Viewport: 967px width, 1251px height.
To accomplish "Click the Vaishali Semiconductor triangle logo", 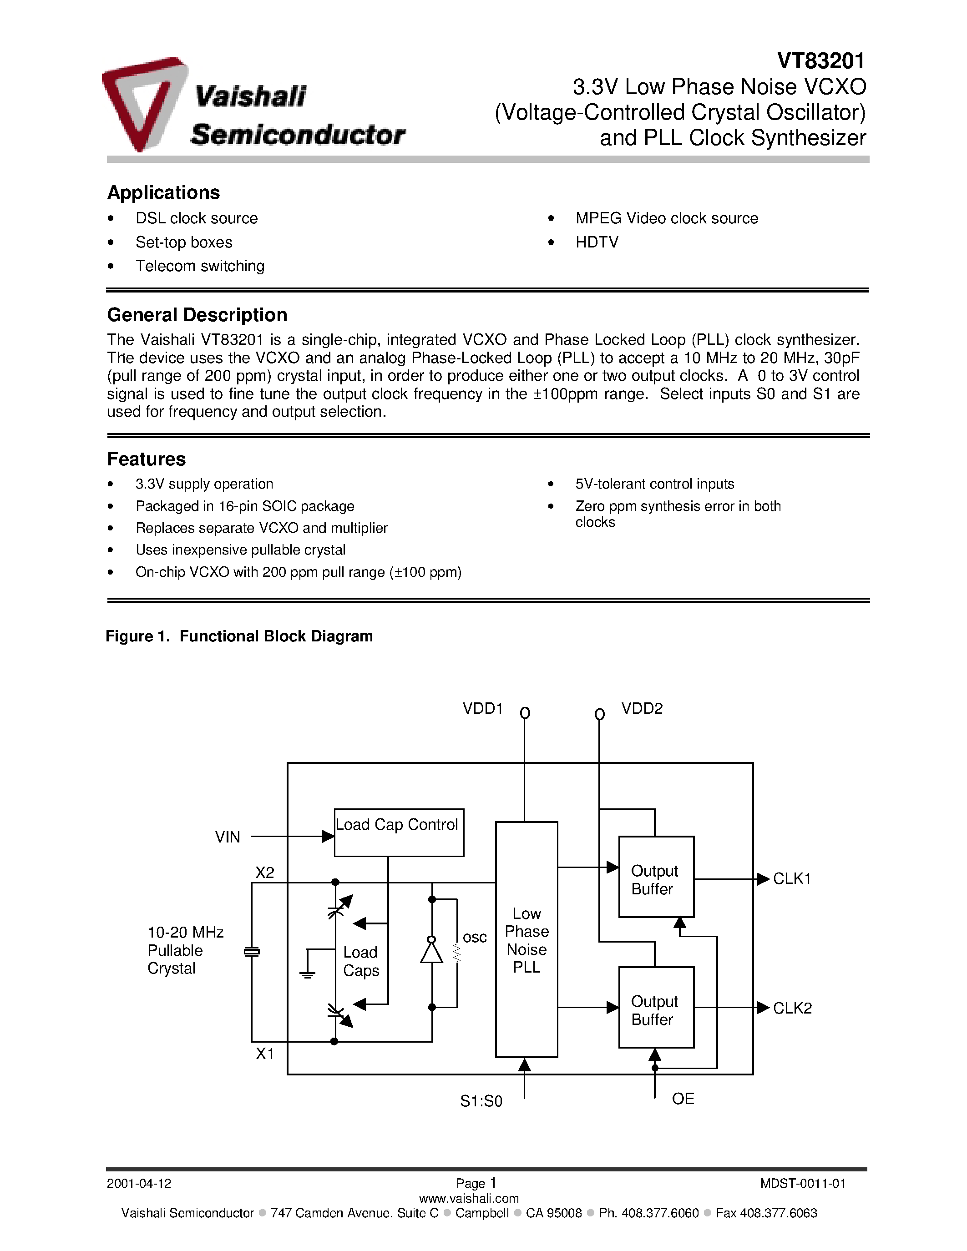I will pos(143,103).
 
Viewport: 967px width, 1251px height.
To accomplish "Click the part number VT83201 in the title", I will pos(820,60).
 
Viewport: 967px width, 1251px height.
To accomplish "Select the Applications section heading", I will pos(163,192).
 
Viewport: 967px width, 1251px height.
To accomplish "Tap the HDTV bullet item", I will pos(597,242).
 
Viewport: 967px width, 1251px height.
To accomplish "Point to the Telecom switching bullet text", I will pos(200,267).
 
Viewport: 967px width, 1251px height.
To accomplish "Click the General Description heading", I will pos(197,315).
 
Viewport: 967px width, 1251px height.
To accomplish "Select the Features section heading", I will pos(146,459).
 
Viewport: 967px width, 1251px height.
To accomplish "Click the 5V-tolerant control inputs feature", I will pos(654,484).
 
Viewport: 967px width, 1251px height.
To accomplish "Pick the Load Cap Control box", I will pos(399,832).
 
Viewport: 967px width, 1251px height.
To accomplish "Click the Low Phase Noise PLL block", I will pos(527,939).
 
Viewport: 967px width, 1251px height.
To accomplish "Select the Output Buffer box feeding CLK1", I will pos(656,877).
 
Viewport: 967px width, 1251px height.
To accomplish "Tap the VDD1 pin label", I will pos(482,709).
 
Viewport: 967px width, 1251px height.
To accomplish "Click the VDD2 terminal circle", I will pos(599,714).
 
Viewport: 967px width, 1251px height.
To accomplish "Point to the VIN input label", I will pos(228,837).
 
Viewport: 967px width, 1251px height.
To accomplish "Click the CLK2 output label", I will pos(792,1008).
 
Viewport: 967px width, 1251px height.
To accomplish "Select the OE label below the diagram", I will pos(683,1099).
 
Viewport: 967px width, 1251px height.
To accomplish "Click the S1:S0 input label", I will pos(481,1101).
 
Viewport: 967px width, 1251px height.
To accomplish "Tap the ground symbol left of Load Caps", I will pos(308,974).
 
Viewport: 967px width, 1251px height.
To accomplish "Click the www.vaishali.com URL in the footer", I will pos(469,1198).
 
